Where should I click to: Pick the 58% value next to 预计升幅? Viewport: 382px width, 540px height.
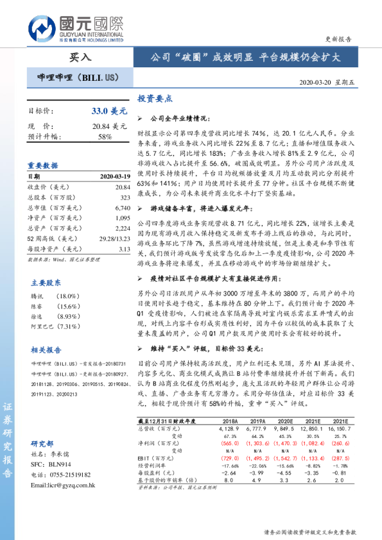(105, 137)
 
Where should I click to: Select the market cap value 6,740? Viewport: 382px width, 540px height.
(121, 208)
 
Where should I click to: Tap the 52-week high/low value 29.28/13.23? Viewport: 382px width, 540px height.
(114, 239)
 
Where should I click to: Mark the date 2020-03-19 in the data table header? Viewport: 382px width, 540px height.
(114, 176)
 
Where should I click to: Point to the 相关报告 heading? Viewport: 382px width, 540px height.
(46, 349)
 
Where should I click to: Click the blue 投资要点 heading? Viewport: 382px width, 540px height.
(155, 100)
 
